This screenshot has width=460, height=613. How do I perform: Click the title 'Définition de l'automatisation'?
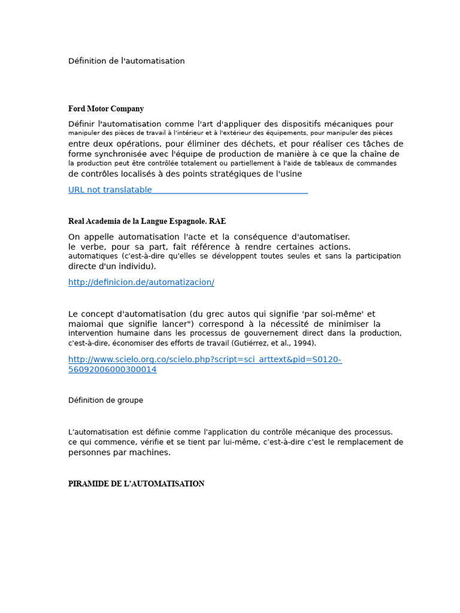pyautogui.click(x=126, y=61)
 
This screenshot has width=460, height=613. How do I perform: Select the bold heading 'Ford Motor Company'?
pyautogui.click(x=106, y=109)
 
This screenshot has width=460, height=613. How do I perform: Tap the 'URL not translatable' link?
pyautogui.click(x=110, y=190)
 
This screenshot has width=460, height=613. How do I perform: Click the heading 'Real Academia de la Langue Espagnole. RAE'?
pyautogui.click(x=147, y=221)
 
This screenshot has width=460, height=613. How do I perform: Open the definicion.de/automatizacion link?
pyautogui.click(x=141, y=282)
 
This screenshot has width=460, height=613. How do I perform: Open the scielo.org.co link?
pyautogui.click(x=205, y=360)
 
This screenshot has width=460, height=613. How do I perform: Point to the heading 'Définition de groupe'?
pyautogui.click(x=105, y=400)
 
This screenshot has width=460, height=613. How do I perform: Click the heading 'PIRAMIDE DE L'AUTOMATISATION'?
pyautogui.click(x=136, y=484)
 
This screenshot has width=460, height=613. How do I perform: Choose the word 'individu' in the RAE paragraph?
pyautogui.click(x=135, y=266)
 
